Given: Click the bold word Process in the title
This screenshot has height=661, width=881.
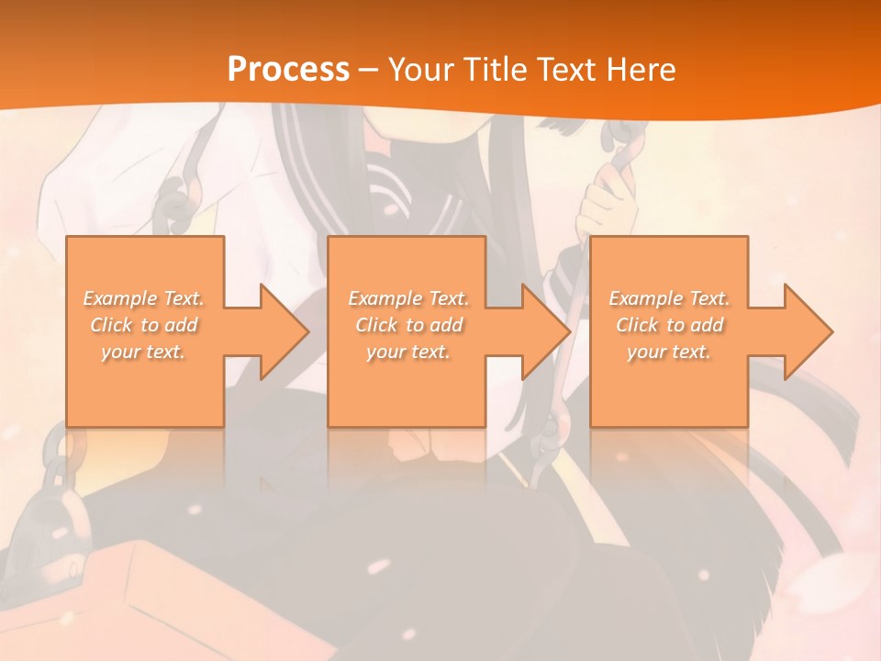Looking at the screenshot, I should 288,69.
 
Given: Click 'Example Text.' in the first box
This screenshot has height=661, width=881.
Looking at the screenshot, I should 144,298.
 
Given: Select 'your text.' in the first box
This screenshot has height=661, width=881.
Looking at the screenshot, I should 144,352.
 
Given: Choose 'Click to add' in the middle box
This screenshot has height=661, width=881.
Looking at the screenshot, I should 408,325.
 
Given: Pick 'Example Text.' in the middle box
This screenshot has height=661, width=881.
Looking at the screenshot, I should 408,298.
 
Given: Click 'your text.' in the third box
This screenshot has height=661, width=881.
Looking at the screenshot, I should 669,352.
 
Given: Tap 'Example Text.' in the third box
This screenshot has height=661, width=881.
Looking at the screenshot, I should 669,298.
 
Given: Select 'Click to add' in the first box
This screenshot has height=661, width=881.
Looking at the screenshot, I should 144,325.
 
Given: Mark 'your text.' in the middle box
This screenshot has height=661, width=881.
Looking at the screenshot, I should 408,352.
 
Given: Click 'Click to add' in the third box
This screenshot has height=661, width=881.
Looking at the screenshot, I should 669,325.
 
